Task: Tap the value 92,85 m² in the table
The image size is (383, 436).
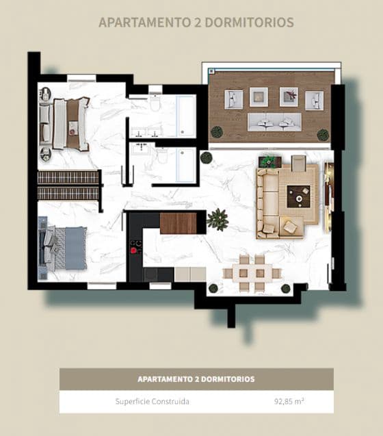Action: pos(286,402)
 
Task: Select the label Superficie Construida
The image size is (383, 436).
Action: pos(152,402)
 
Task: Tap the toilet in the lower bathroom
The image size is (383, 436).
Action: pos(162,156)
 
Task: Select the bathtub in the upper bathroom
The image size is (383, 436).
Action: pos(185,116)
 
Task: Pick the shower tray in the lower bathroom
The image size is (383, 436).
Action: pos(185,165)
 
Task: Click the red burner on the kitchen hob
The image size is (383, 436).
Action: pos(133,251)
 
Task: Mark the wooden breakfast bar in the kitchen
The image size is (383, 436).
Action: pos(178,223)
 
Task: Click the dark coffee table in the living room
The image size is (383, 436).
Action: pos(298,196)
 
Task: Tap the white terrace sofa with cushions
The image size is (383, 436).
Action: pos(274,122)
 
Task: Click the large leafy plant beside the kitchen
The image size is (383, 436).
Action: pos(217,219)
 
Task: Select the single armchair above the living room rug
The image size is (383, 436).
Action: pos(298,164)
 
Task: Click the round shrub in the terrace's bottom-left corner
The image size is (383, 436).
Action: pos(217,131)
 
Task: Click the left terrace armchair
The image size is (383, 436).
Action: pos(234,100)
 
